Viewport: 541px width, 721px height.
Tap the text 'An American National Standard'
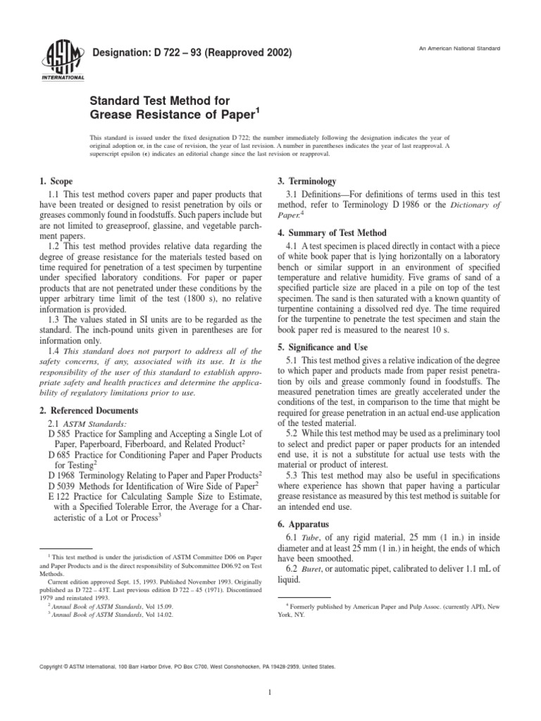click(x=460, y=48)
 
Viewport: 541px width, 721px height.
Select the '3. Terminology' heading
click(x=308, y=181)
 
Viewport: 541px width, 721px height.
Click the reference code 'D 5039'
click(x=61, y=486)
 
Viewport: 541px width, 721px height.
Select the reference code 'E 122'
click(x=58, y=497)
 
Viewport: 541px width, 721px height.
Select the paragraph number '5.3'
click(x=295, y=477)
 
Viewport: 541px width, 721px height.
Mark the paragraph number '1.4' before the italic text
click(x=55, y=350)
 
